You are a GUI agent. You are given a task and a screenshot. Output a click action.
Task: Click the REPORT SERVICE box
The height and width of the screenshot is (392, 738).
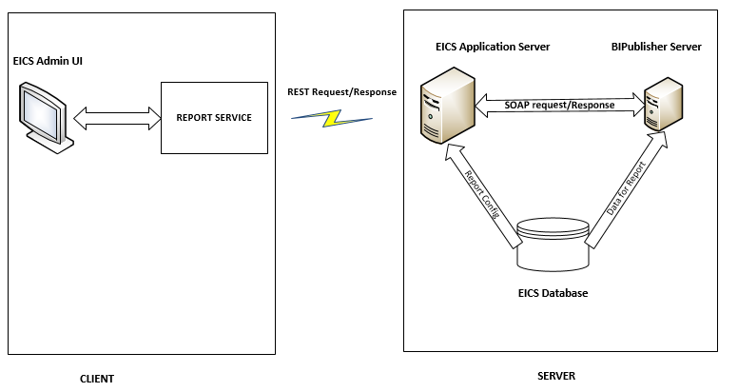[214, 118]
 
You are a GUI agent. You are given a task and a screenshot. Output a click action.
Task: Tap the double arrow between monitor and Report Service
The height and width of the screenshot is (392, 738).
[115, 118]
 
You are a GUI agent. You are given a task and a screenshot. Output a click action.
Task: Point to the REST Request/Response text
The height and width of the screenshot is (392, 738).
[341, 92]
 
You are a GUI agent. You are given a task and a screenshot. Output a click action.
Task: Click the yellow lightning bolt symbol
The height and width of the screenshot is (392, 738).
[334, 119]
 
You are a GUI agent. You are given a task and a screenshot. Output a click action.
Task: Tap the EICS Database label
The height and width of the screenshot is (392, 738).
[553, 293]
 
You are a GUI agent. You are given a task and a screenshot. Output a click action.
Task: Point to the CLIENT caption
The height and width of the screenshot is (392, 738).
[97, 379]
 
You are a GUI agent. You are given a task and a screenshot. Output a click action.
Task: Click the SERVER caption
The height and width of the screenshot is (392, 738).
[555, 375]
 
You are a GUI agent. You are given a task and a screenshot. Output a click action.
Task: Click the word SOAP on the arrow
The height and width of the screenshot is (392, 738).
[519, 104]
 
